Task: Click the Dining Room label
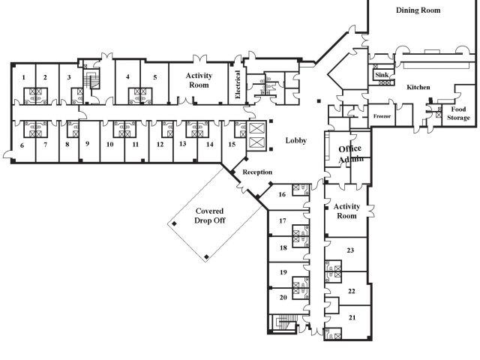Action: click(418, 10)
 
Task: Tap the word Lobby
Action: click(296, 140)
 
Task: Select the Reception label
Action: click(257, 172)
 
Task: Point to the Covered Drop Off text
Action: click(210, 215)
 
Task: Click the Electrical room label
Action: click(238, 85)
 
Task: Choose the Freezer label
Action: click(382, 116)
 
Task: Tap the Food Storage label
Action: click(458, 113)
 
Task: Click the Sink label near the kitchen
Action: click(382, 75)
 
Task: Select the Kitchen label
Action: click(418, 87)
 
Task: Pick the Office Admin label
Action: click(350, 154)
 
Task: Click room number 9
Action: click(88, 143)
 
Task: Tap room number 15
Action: click(232, 144)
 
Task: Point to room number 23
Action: click(350, 250)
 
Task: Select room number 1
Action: click(23, 77)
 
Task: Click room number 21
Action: click(352, 318)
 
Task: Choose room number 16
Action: click(282, 194)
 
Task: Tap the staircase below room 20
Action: click(284, 323)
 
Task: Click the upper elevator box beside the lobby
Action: click(256, 128)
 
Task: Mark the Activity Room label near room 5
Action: click(199, 80)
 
